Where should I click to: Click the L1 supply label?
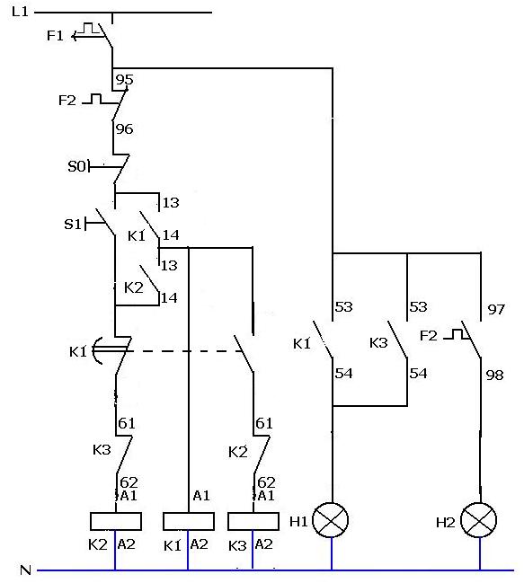[x=20, y=12]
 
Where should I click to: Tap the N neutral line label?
[x=25, y=570]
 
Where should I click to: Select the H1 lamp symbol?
[x=330, y=520]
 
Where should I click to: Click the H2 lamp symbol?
[x=479, y=520]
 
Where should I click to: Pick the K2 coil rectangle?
[x=116, y=521]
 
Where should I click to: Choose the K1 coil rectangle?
[x=189, y=521]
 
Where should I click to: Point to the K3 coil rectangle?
[x=253, y=521]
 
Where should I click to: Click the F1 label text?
[x=55, y=36]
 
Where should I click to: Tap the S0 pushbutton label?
[x=77, y=166]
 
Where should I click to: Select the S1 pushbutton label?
[x=73, y=225]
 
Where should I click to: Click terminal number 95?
[x=124, y=80]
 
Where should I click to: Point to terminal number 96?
[x=124, y=129]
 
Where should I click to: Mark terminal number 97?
[x=496, y=309]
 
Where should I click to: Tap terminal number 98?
[x=494, y=375]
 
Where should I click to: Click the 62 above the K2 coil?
[x=129, y=482]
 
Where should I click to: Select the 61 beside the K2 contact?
[x=264, y=423]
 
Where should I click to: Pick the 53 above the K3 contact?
[x=418, y=306]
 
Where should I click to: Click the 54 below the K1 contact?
[x=343, y=373]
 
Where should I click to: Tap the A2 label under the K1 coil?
[x=199, y=544]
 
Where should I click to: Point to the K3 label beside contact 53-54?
[x=378, y=342]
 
